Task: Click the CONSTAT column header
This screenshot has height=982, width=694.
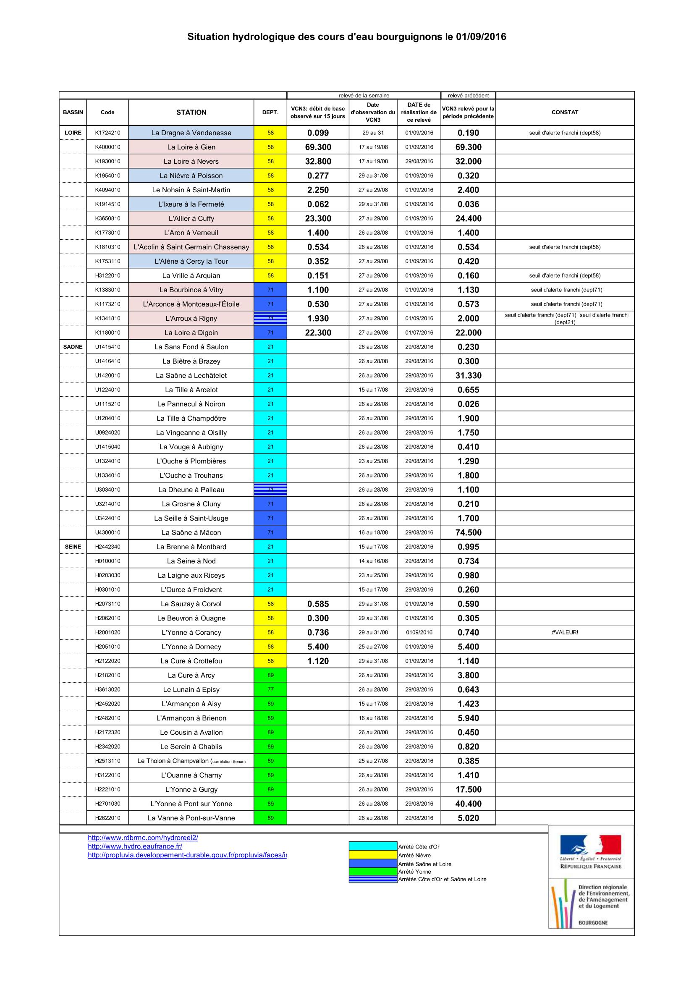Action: pos(564,112)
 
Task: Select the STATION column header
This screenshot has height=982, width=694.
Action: pos(191,112)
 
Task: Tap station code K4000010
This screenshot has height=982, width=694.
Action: pos(107,147)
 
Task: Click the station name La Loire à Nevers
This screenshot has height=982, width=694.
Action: pos(191,161)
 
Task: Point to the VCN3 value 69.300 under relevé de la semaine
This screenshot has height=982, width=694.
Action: pos(318,147)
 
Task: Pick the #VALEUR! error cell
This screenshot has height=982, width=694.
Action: pos(564,632)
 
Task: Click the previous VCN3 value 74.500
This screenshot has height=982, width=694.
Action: pos(468,532)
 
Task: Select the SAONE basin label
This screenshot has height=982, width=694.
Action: pos(73,347)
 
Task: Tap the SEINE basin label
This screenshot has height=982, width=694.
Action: pos(73,547)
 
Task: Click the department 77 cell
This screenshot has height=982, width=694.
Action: pos(270,689)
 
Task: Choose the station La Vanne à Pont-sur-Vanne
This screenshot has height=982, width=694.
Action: pos(191,818)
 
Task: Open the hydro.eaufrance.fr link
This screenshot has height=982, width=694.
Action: pos(135,846)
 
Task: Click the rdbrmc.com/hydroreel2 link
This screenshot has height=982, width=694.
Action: pos(143,838)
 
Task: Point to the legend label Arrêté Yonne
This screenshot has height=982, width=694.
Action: pos(414,872)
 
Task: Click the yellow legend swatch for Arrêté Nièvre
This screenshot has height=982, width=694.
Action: pos(373,855)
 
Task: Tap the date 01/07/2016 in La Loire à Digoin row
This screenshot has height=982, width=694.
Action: pos(419,333)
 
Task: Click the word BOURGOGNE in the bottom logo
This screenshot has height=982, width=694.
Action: pos(593,922)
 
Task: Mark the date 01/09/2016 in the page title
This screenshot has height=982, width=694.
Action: pos(481,37)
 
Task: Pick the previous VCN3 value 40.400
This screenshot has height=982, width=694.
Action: pos(468,804)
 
